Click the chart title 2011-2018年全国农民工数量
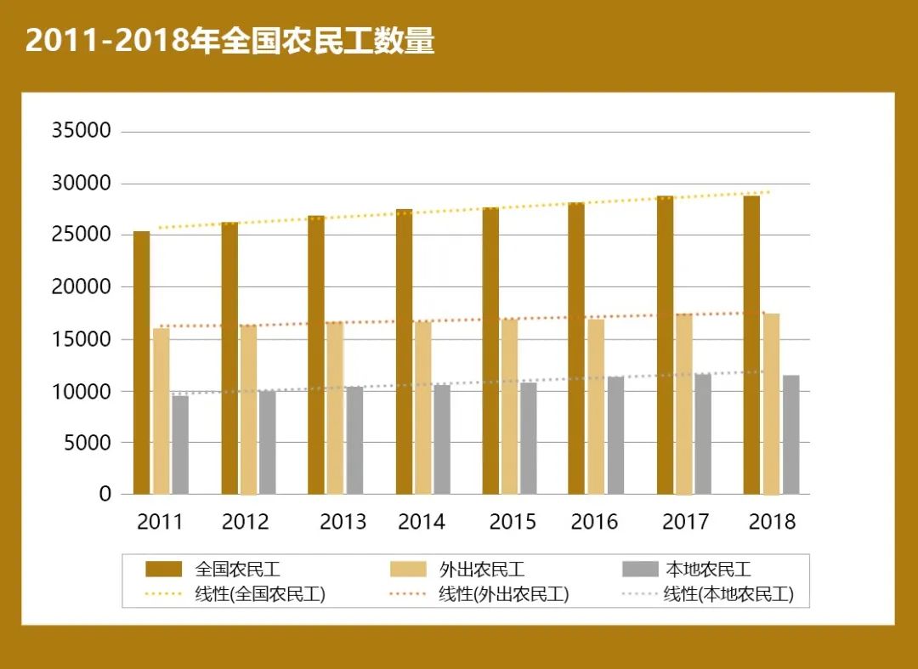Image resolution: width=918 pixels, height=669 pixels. (x=229, y=41)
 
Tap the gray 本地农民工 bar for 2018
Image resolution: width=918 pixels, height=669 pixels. (x=790, y=434)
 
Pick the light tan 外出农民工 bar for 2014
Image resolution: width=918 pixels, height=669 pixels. (x=422, y=408)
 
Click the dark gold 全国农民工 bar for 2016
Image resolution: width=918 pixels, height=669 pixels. (x=576, y=349)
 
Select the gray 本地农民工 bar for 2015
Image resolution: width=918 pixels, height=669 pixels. (x=529, y=438)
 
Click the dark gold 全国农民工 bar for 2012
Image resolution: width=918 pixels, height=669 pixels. (x=229, y=358)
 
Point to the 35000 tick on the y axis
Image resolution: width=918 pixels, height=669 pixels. (x=82, y=131)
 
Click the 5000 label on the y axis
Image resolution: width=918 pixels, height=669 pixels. (x=88, y=443)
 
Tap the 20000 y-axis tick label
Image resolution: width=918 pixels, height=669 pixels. (x=82, y=287)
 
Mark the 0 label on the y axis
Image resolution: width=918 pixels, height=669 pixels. (x=105, y=495)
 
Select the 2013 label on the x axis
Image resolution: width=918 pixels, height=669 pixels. (x=343, y=522)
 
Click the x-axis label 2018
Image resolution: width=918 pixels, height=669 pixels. (x=772, y=522)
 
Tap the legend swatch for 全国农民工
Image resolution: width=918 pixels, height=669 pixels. (x=163, y=570)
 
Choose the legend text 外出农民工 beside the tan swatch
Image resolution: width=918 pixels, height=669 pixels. (x=482, y=570)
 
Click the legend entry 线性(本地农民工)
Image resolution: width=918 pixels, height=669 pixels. (x=728, y=594)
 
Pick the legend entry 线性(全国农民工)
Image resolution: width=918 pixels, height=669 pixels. (x=260, y=594)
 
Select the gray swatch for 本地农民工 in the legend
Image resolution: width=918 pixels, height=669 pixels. (x=640, y=570)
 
